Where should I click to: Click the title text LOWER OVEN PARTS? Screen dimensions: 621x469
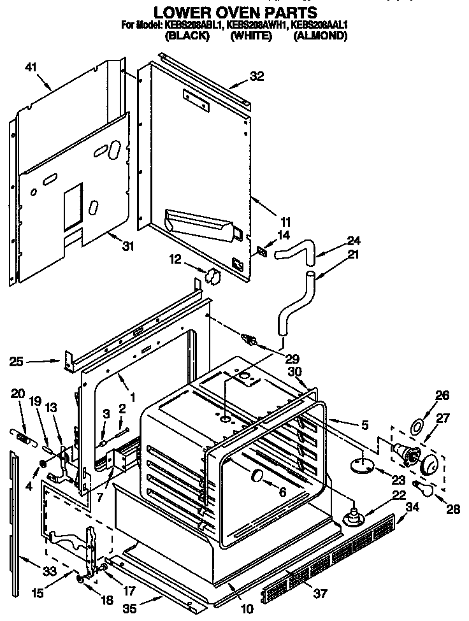[235, 11]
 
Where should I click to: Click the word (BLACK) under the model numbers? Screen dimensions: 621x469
[187, 36]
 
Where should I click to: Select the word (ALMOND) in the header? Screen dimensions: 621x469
[320, 36]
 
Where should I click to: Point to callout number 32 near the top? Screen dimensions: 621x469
[256, 77]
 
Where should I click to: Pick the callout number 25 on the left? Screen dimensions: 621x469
[17, 362]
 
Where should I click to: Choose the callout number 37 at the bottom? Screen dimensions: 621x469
[320, 594]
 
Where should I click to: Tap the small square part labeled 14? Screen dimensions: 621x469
[261, 251]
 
